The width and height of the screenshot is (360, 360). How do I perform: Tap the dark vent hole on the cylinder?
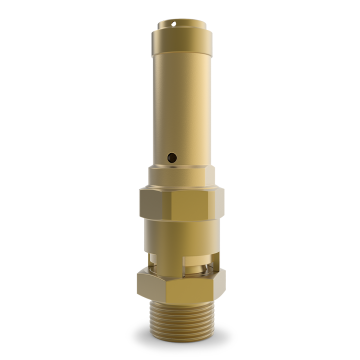click(171, 157)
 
